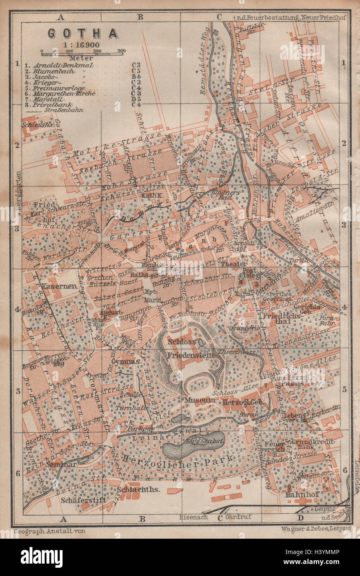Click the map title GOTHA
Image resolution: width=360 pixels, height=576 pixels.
point(83,33)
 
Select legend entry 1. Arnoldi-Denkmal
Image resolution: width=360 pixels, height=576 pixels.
point(60,65)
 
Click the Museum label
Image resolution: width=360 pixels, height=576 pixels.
point(200,400)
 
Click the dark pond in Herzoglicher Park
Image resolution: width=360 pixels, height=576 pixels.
point(195,445)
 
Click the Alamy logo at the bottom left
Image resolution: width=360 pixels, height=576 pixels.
point(38,557)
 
